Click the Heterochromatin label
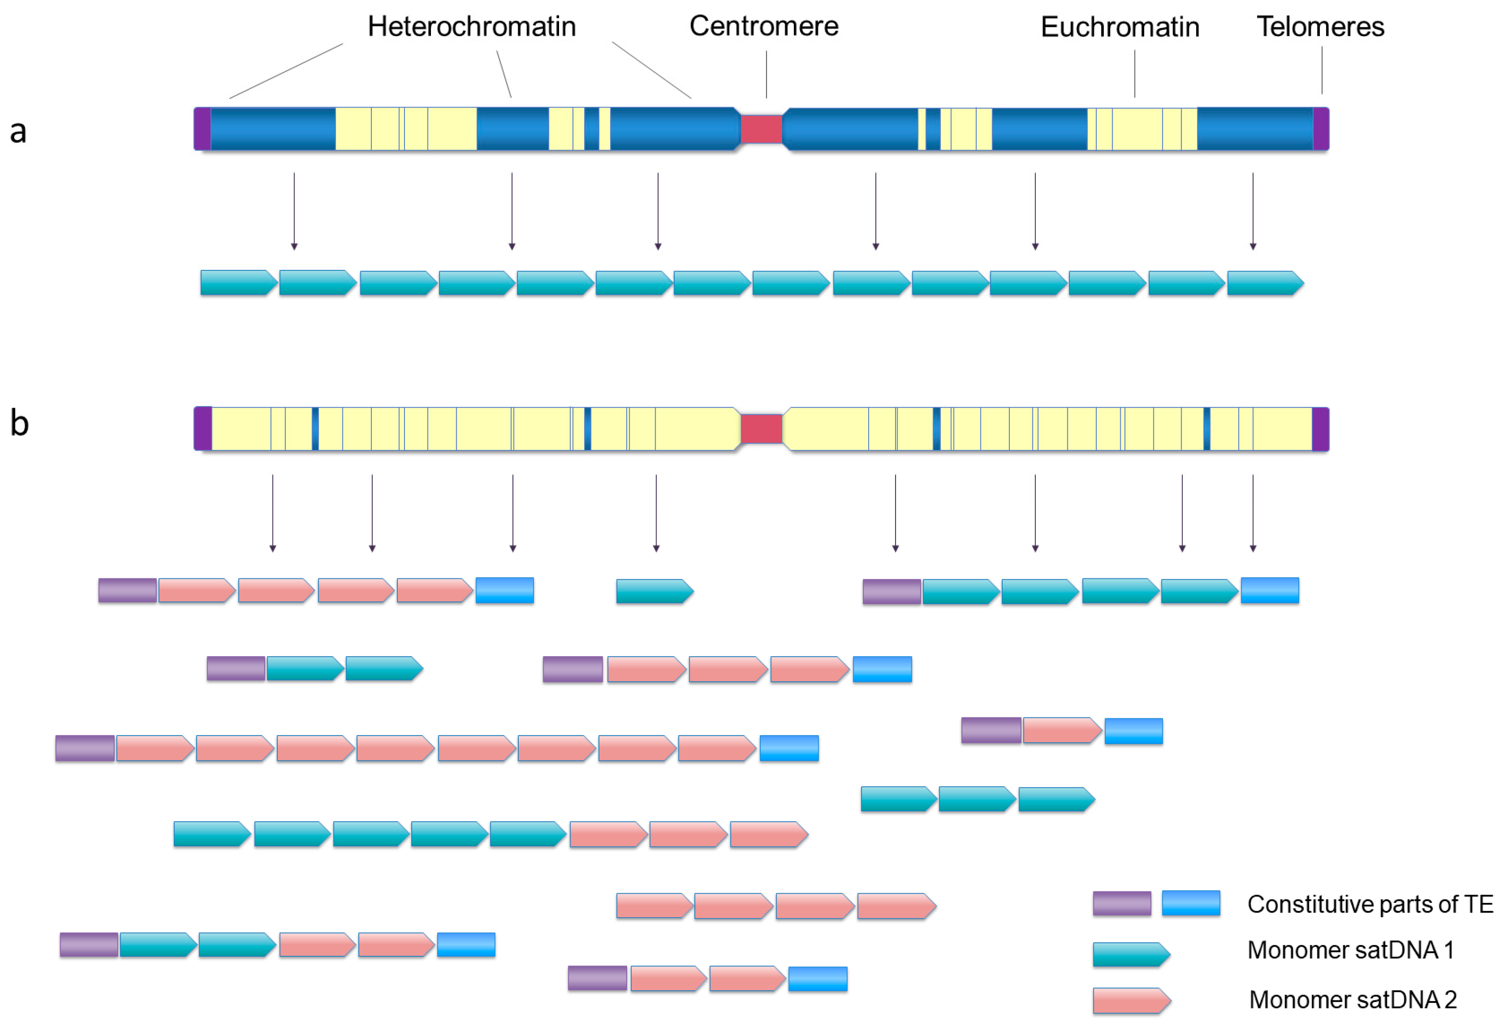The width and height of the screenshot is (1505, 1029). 471,26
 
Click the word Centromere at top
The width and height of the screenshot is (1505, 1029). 764,26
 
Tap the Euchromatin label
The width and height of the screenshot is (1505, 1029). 1120,27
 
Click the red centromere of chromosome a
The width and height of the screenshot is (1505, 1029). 761,129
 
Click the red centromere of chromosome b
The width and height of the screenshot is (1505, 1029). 761,428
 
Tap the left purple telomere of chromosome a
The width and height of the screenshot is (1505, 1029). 202,129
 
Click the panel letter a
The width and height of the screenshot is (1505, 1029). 18,132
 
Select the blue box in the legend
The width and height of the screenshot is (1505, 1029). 1190,902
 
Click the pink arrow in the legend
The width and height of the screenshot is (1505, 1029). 1130,1000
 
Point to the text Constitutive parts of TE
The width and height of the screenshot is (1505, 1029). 1370,903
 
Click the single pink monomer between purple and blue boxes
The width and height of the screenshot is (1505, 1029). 1061,730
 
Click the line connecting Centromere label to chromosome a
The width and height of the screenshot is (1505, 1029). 766,74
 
